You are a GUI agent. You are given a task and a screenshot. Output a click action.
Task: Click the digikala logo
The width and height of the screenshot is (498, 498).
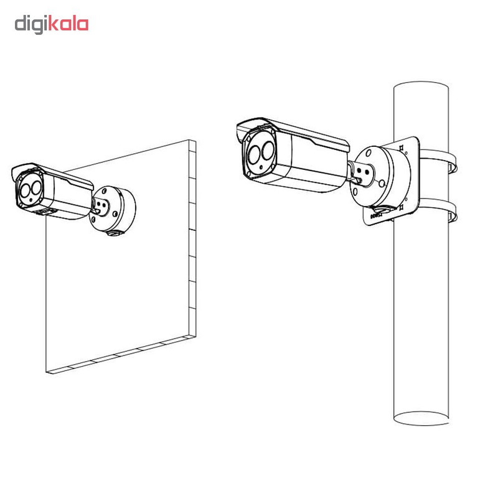coord(52,24)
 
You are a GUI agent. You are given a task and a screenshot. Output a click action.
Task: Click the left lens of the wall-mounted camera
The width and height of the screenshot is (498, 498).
coord(26,191)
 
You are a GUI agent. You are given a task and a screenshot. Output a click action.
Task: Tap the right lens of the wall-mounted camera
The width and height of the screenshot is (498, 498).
coord(36,188)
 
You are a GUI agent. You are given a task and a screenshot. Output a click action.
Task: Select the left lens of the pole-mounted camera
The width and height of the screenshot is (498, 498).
coord(255,154)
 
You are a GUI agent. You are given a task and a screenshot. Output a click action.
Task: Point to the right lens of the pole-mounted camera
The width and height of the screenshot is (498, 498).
coord(268,150)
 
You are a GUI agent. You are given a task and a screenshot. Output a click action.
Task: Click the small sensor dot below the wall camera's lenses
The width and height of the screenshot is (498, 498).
coord(31,200)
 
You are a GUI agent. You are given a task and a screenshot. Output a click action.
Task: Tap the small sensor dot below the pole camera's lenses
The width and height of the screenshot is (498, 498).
coord(261,167)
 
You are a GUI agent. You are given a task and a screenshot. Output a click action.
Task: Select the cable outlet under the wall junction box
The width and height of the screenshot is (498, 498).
coord(113,233)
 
